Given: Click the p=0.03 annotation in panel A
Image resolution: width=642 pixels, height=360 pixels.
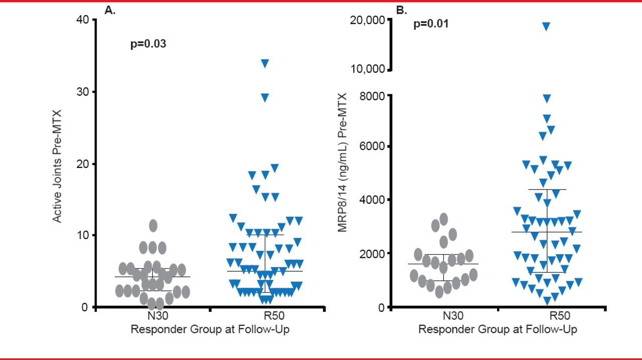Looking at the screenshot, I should tap(148, 44).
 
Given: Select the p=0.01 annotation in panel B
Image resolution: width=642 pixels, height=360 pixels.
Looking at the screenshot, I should tap(431, 24).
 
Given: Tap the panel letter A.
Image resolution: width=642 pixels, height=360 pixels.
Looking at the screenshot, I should tap(110, 10).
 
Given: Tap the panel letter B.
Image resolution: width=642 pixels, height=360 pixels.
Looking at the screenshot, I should tap(401, 10).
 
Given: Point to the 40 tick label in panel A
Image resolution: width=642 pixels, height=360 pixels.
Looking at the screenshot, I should tap(83, 20).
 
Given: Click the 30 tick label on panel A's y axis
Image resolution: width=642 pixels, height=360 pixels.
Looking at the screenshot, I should tap(83, 92).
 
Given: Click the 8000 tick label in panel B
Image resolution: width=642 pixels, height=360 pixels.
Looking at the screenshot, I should tap(372, 96).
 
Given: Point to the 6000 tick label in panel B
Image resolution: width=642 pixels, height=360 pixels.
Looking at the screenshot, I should tap(372, 146).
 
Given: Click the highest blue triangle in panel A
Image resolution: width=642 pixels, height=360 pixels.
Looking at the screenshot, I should tap(265, 63).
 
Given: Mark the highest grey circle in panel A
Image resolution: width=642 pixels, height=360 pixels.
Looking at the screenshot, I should tap(153, 226).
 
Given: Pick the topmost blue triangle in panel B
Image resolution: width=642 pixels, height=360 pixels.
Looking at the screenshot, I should tap(546, 26).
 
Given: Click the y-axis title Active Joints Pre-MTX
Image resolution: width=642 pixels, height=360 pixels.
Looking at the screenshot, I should tap(57, 165).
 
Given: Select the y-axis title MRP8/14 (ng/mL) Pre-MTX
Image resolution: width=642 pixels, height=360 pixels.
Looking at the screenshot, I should tap(343, 163).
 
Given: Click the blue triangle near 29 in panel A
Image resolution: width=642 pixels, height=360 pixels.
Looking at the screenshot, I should tap(265, 97).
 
